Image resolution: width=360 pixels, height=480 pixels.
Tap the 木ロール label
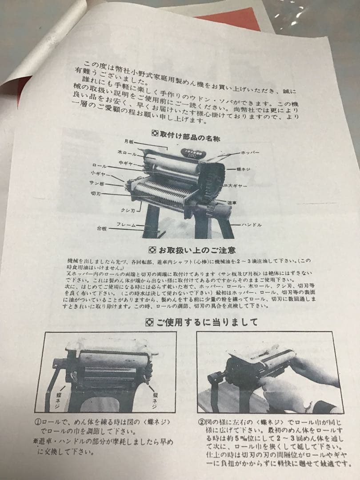125,152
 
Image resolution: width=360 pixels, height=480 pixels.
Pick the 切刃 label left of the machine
96,194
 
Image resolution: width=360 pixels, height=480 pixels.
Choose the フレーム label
126,225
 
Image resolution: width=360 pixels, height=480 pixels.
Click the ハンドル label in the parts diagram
252,225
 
